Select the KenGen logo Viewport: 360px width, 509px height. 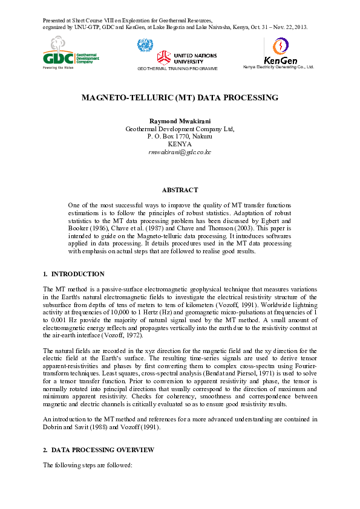[x=280, y=51]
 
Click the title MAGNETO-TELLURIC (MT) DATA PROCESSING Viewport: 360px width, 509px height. [x=180, y=97]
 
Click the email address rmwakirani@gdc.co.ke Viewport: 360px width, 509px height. [x=180, y=152]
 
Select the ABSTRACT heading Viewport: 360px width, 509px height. [x=180, y=190]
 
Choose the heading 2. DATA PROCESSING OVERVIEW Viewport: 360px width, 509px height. [x=98, y=450]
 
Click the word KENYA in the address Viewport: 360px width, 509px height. [x=180, y=144]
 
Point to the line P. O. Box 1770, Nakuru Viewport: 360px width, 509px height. [x=180, y=137]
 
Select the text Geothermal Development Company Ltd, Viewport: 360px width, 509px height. [x=180, y=129]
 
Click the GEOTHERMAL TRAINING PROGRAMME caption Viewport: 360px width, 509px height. [x=177, y=69]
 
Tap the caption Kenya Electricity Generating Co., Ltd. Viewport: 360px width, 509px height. [x=278, y=66]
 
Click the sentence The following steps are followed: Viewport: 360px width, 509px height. [x=88, y=465]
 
